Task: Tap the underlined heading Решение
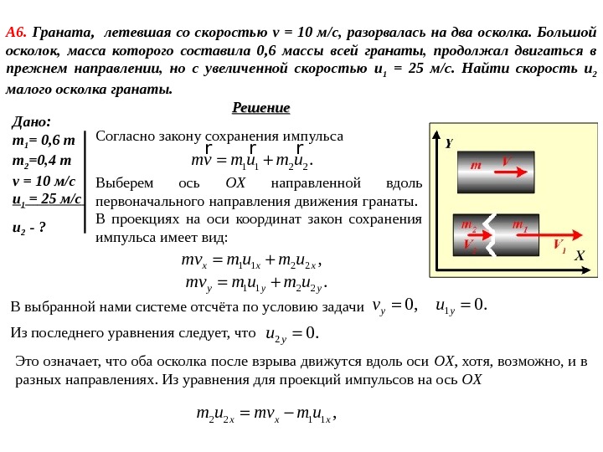[260, 108]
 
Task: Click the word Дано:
[31, 122]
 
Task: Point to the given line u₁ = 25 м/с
[47, 199]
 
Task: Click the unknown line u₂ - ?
[29, 227]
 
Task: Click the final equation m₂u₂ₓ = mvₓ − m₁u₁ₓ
[265, 414]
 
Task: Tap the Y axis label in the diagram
[448, 144]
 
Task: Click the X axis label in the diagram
[578, 256]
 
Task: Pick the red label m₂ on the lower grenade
[468, 225]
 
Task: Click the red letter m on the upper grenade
[476, 166]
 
